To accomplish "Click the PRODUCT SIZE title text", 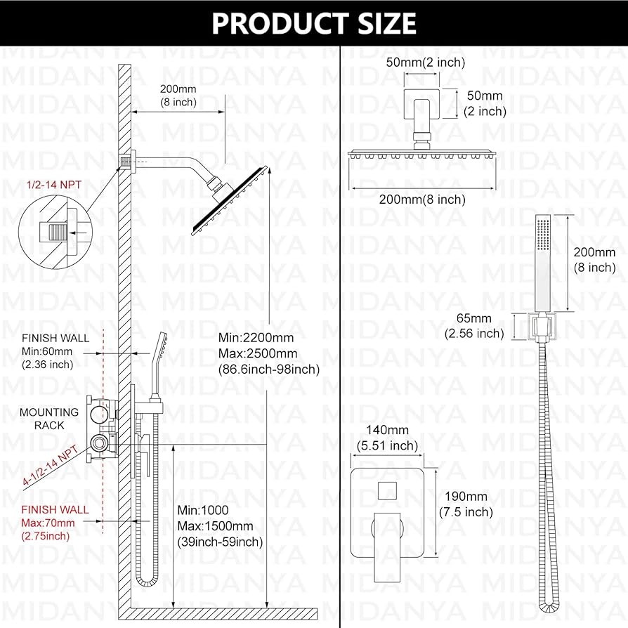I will point(314,23).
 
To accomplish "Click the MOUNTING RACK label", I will point(49,419).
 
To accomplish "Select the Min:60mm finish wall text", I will point(47,351).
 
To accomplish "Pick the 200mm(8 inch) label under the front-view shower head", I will point(422,199).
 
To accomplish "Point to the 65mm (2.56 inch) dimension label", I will point(474,326).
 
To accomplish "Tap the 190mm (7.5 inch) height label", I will point(465,504).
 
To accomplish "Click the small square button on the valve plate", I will point(387,490).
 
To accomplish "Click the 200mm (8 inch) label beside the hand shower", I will point(594,259).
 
